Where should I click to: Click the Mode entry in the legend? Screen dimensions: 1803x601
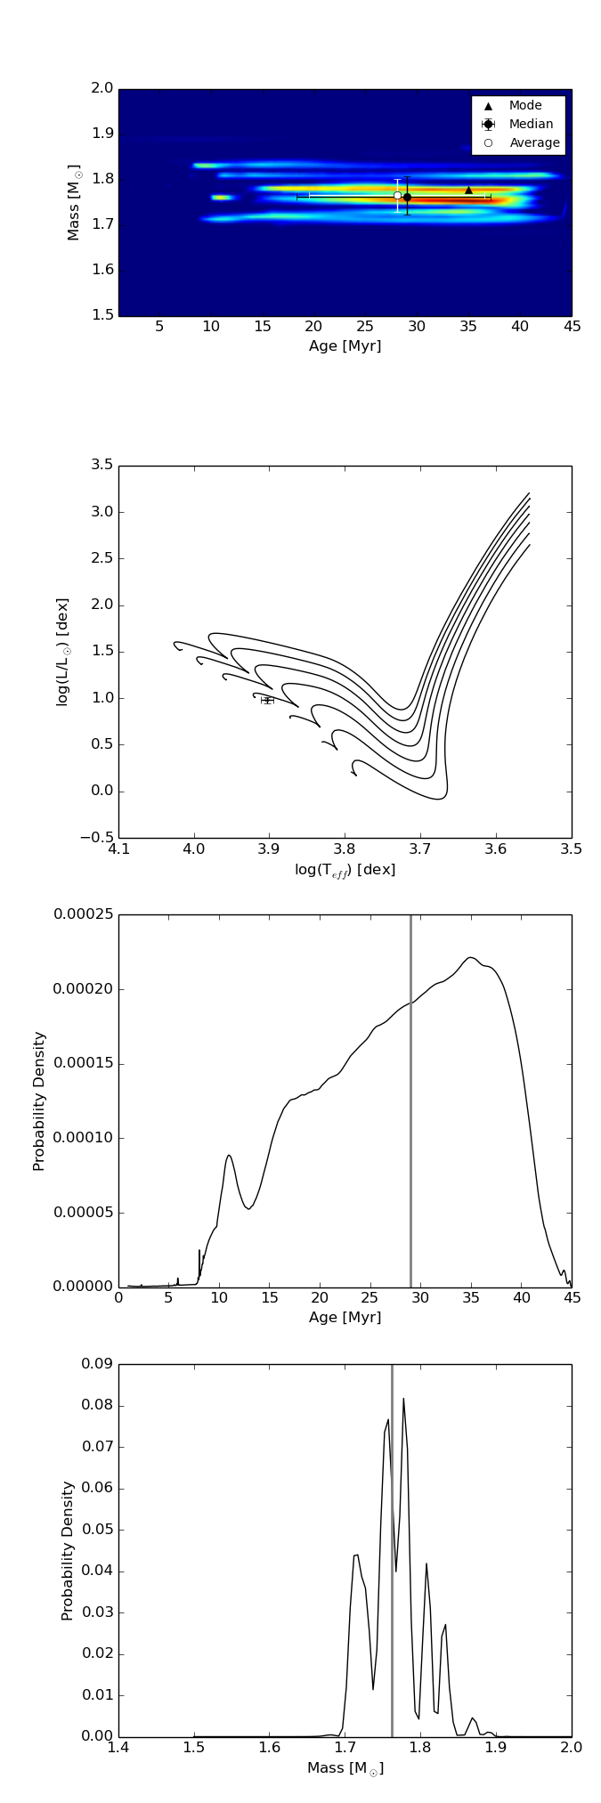524,106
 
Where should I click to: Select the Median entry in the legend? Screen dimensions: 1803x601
531,125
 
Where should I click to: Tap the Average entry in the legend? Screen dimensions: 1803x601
534,143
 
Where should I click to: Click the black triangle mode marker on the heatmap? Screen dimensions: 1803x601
468,190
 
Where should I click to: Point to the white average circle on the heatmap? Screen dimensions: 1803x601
397,195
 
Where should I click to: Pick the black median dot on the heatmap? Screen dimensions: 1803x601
407,197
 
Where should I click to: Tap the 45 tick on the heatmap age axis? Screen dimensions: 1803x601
572,327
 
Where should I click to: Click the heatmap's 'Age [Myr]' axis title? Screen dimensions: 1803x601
345,346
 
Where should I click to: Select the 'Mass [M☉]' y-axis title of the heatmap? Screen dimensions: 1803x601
75,202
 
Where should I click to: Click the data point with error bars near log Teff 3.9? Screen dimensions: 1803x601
267,701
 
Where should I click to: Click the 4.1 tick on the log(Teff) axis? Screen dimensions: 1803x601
119,849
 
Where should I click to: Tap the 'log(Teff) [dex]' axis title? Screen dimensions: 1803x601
345,870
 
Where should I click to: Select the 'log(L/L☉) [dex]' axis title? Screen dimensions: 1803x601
63,652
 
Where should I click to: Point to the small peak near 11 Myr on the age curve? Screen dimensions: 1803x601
229,1156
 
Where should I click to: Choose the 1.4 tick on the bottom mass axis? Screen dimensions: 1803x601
118,1748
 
